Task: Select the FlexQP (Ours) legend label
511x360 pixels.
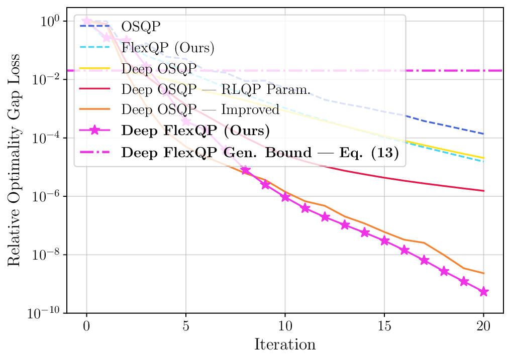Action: click(168, 48)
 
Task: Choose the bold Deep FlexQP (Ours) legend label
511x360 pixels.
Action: click(196, 132)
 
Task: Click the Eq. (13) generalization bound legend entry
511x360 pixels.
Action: click(260, 153)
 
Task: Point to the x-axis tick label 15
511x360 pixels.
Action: click(384, 325)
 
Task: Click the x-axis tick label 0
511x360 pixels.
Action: click(86, 325)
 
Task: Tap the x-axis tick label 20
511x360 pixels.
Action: click(483, 325)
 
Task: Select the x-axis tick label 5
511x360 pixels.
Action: click(186, 325)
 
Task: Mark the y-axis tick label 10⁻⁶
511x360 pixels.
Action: click(46, 196)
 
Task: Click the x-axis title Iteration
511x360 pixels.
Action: click(285, 345)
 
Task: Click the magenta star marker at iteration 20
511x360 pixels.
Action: click(483, 292)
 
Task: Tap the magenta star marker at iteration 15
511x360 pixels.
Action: click(384, 241)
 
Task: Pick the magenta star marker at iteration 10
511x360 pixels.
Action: click(285, 197)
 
